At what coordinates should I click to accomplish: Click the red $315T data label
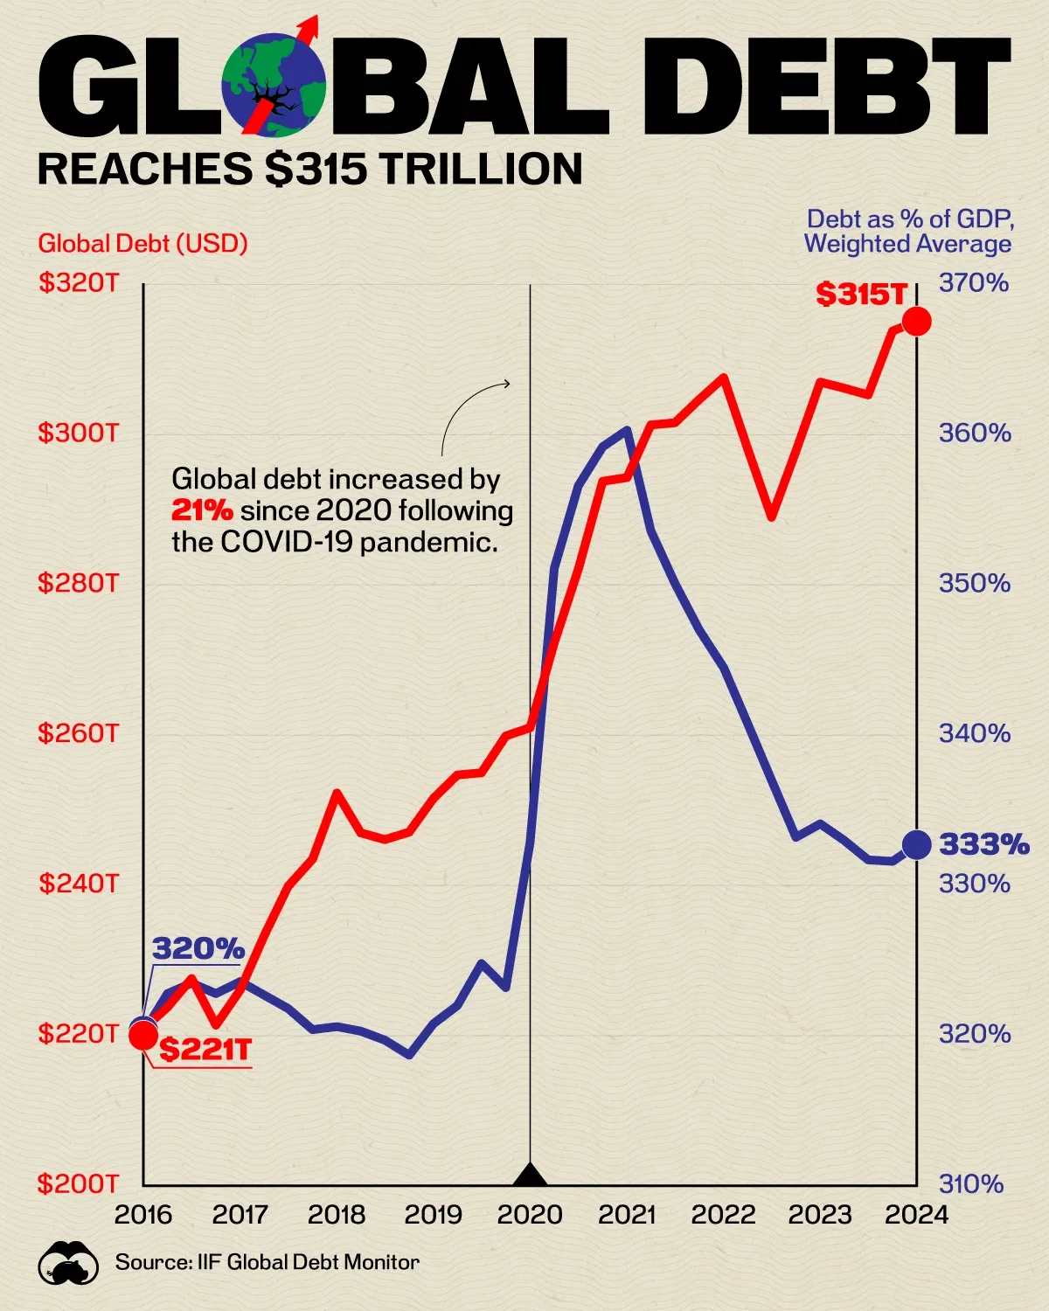pos(861,295)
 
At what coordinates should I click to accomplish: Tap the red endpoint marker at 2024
pos(916,322)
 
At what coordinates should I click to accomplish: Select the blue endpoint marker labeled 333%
pos(916,844)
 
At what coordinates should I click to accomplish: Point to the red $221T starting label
pos(205,1049)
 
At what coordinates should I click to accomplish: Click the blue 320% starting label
pos(198,948)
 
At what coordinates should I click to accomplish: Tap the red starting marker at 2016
pos(143,1036)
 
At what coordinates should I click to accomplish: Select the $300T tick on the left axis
pos(78,433)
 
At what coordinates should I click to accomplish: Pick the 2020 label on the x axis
pos(530,1215)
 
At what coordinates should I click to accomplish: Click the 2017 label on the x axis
pos(240,1215)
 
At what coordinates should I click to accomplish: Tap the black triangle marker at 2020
pos(530,1176)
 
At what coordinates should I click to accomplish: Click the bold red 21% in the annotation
pos(202,510)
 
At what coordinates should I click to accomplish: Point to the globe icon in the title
pos(274,85)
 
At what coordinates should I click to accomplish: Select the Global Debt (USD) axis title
pos(142,243)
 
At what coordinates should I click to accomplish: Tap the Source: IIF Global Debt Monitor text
pos(267,1262)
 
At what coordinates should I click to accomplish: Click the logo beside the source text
pos(67,1263)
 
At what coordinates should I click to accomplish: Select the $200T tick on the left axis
pos(78,1184)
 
